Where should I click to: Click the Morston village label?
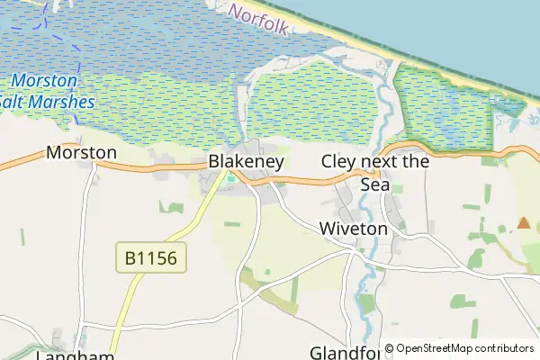(81, 152)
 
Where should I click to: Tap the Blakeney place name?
(246, 162)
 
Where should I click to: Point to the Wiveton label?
(353, 229)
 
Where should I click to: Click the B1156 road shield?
(151, 259)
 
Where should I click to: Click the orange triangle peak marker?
(524, 222)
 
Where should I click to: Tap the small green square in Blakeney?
(231, 177)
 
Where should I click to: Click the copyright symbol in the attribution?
(390, 348)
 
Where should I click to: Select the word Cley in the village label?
(338, 162)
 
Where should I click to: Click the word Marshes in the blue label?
(62, 102)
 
